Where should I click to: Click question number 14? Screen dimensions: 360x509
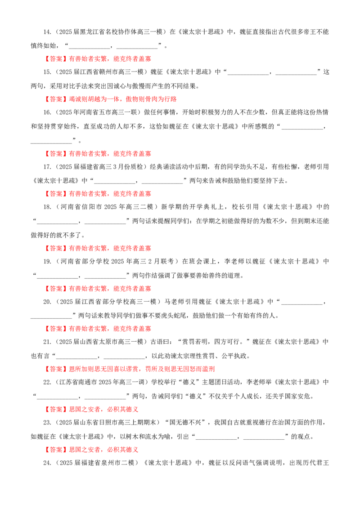tap(47, 32)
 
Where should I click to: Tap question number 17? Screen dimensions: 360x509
tap(47, 167)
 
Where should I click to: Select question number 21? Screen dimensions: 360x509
tap(47, 342)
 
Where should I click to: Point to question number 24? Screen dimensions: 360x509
tap(47, 463)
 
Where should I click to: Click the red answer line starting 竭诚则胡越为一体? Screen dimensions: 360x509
tap(123, 99)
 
